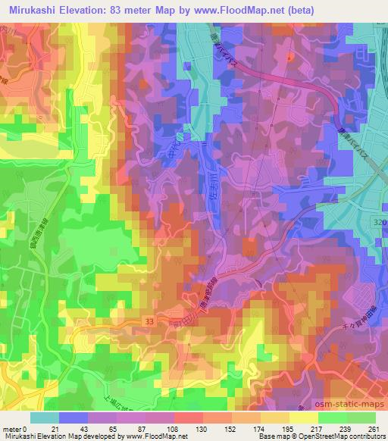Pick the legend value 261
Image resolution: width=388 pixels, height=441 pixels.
coord(373,428)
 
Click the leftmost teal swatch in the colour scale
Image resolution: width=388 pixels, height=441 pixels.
coord(44,417)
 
